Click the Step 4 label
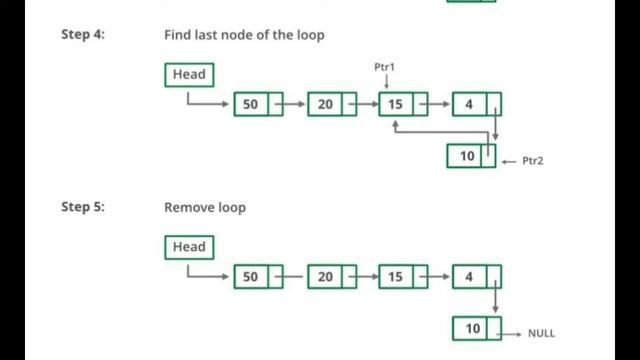[x=83, y=35]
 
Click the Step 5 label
[x=83, y=208]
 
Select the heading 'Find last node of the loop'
[x=244, y=35]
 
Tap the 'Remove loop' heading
[x=205, y=208]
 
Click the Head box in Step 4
[x=189, y=75]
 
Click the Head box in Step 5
[x=189, y=247]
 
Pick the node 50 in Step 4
[x=251, y=104]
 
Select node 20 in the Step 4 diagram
[x=324, y=104]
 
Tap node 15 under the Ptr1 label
[x=396, y=104]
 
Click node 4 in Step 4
[x=469, y=104]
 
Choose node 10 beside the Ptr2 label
[x=467, y=156]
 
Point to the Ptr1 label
[x=386, y=67]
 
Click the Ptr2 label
[x=532, y=160]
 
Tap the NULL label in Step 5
[x=541, y=334]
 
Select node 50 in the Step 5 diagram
[x=251, y=276]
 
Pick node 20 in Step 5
[x=324, y=276]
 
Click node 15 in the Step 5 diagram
[x=396, y=276]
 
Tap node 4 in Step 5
[x=469, y=276]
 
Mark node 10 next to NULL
[x=473, y=328]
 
